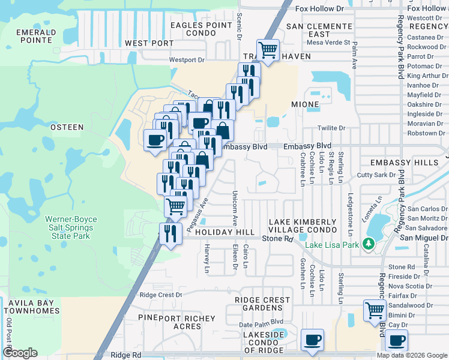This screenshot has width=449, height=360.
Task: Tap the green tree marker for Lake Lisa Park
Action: coord(369,244)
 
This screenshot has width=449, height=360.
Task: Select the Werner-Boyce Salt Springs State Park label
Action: coord(71,228)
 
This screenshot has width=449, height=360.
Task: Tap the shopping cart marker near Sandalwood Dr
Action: coord(375,311)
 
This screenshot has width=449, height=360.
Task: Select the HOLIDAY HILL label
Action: coord(225,232)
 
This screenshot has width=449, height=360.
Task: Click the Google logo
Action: coord(20,353)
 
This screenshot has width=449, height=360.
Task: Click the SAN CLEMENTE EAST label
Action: coord(319,31)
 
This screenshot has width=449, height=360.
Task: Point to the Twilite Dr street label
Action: coord(331,128)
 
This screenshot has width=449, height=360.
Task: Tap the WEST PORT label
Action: coord(149,43)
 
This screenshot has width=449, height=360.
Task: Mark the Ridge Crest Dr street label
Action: coord(160,295)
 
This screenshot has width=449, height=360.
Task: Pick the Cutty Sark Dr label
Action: coord(376,175)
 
